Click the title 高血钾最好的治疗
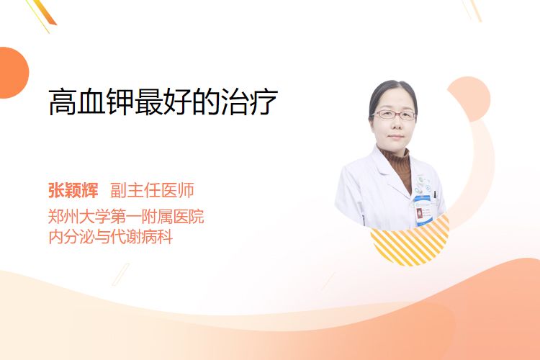point(163,102)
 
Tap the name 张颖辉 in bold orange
point(73,190)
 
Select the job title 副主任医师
point(152,190)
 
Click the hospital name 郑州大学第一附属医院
point(126,217)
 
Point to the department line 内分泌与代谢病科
point(111,237)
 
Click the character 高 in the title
point(62,102)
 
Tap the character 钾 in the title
point(120,102)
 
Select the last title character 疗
point(264,102)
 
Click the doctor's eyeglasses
point(395,114)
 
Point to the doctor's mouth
point(395,137)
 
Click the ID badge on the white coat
point(423,210)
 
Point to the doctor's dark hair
point(392,90)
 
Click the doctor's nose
point(395,124)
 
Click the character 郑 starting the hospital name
point(55,217)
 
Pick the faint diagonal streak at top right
point(472,10)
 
